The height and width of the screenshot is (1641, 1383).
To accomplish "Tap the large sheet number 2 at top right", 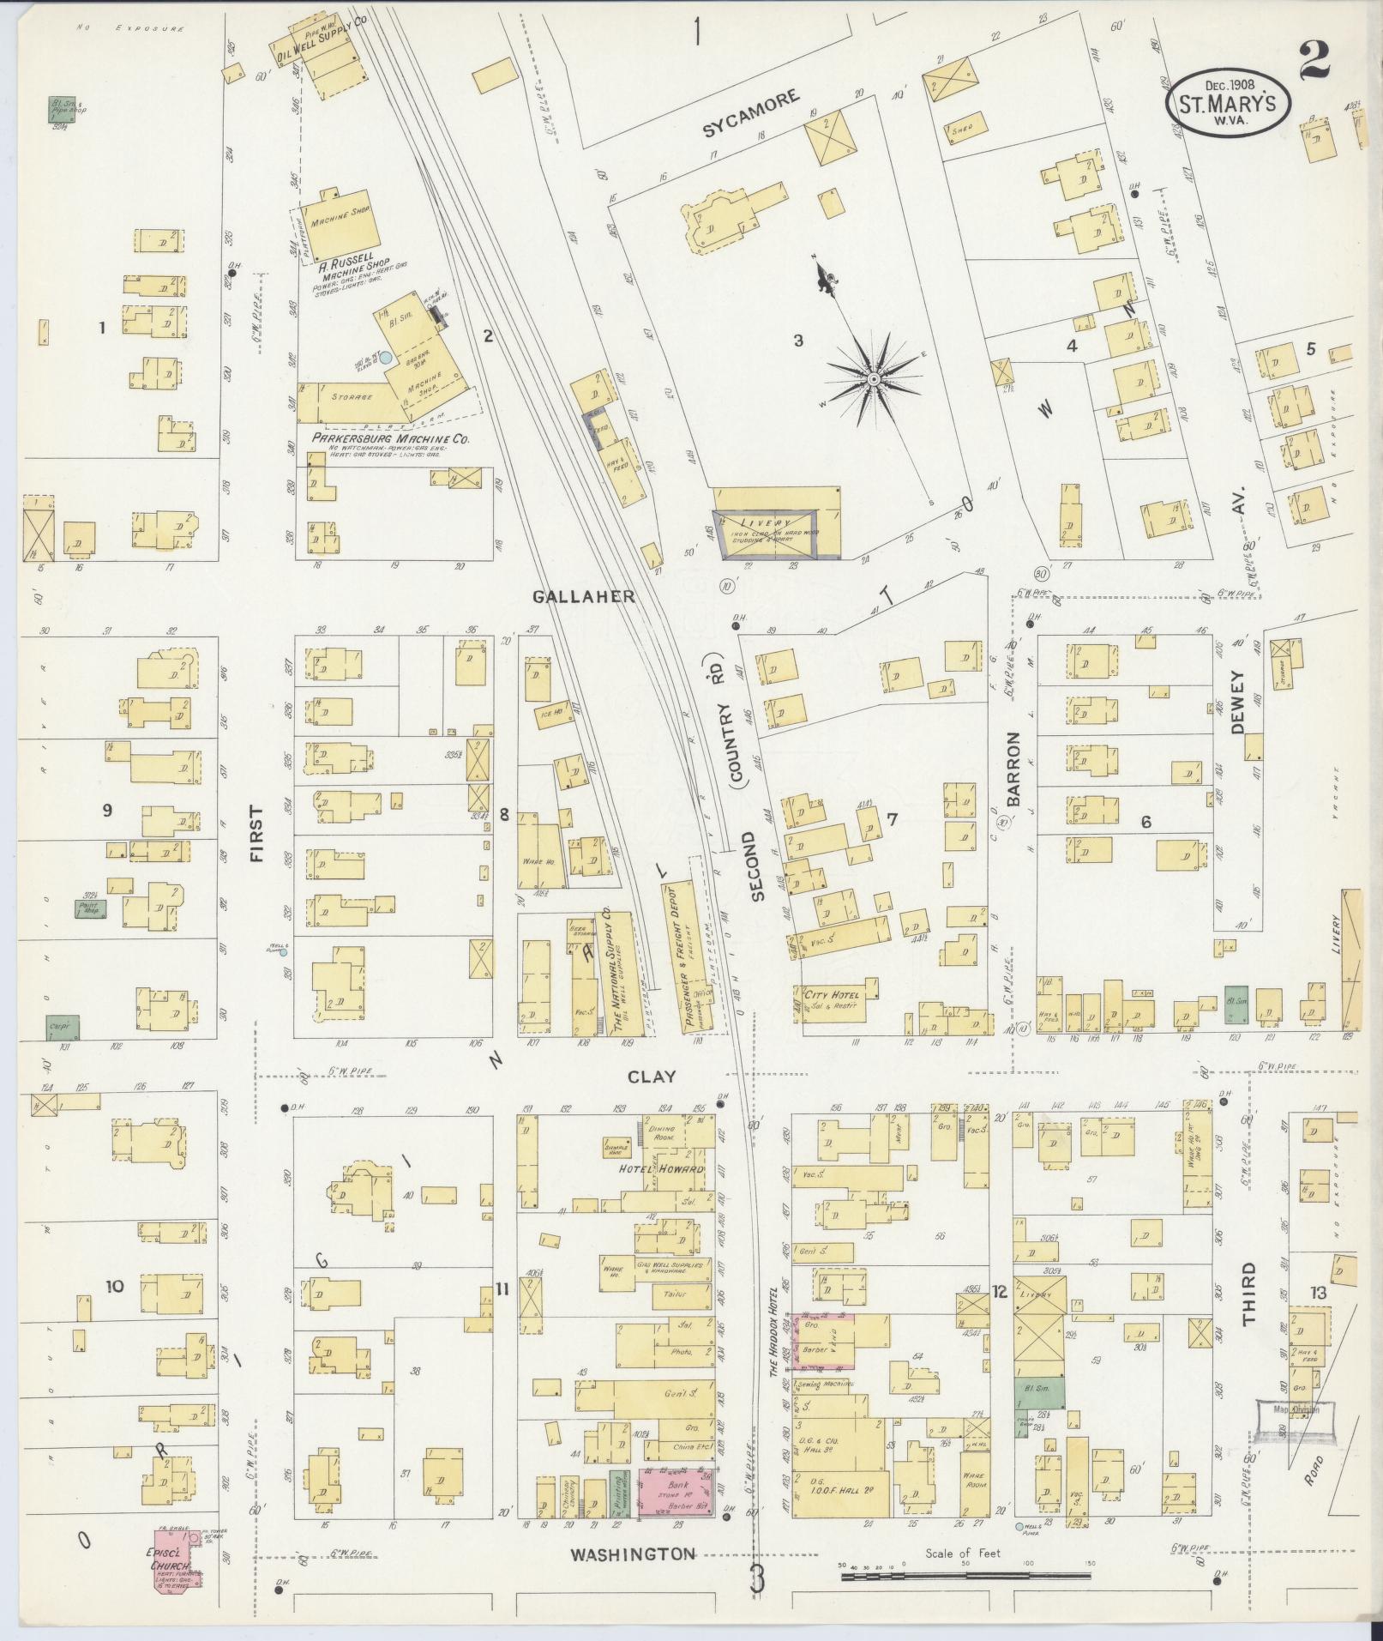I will pyautogui.click(x=1314, y=60).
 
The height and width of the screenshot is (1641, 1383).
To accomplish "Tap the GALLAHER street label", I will pyautogui.click(x=583, y=596).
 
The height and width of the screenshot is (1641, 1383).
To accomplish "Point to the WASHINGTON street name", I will pyautogui.click(x=633, y=1554).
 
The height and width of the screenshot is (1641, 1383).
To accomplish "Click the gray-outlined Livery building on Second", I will pyautogui.click(x=766, y=534).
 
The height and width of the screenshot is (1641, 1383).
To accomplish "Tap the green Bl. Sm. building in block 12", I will pyautogui.click(x=1039, y=1393).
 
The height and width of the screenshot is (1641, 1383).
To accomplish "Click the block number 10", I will pyautogui.click(x=115, y=1287).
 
